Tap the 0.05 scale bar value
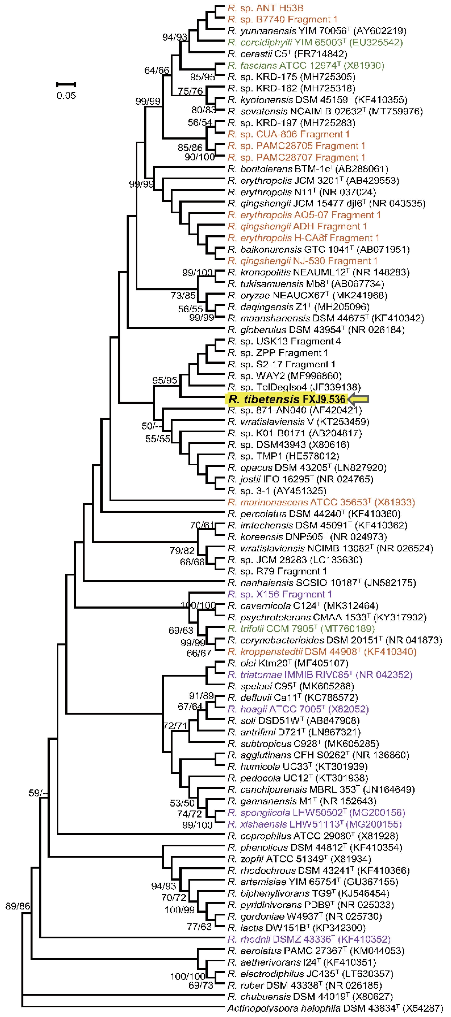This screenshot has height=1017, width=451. (x=66, y=95)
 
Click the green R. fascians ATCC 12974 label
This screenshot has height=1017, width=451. (x=306, y=65)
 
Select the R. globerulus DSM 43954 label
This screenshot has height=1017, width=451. (x=316, y=330)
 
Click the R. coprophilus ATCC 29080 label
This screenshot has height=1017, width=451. (x=313, y=836)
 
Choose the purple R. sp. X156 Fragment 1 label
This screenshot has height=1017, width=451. (x=279, y=594)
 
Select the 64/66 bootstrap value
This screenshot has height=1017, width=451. (x=157, y=70)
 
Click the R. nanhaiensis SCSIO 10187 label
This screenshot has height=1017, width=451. (x=322, y=583)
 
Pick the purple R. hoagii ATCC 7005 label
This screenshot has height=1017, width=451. (x=298, y=709)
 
